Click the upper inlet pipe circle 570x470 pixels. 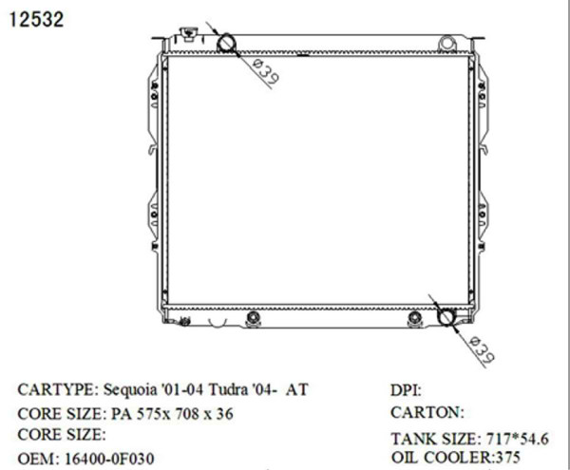227,43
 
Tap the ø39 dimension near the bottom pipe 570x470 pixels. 483,350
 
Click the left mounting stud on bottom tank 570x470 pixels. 252,318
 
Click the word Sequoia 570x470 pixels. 131,390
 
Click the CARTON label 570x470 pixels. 427,414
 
